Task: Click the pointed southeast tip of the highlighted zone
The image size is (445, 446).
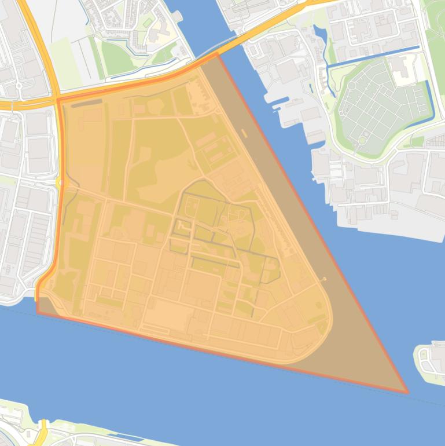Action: [407, 392]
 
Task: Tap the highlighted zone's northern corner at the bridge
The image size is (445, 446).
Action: [218, 53]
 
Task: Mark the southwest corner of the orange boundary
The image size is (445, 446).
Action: [38, 311]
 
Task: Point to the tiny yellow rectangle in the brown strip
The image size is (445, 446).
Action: [245, 133]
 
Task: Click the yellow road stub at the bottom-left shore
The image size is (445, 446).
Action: [43, 429]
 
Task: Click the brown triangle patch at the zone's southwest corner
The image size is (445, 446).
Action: [46, 307]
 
